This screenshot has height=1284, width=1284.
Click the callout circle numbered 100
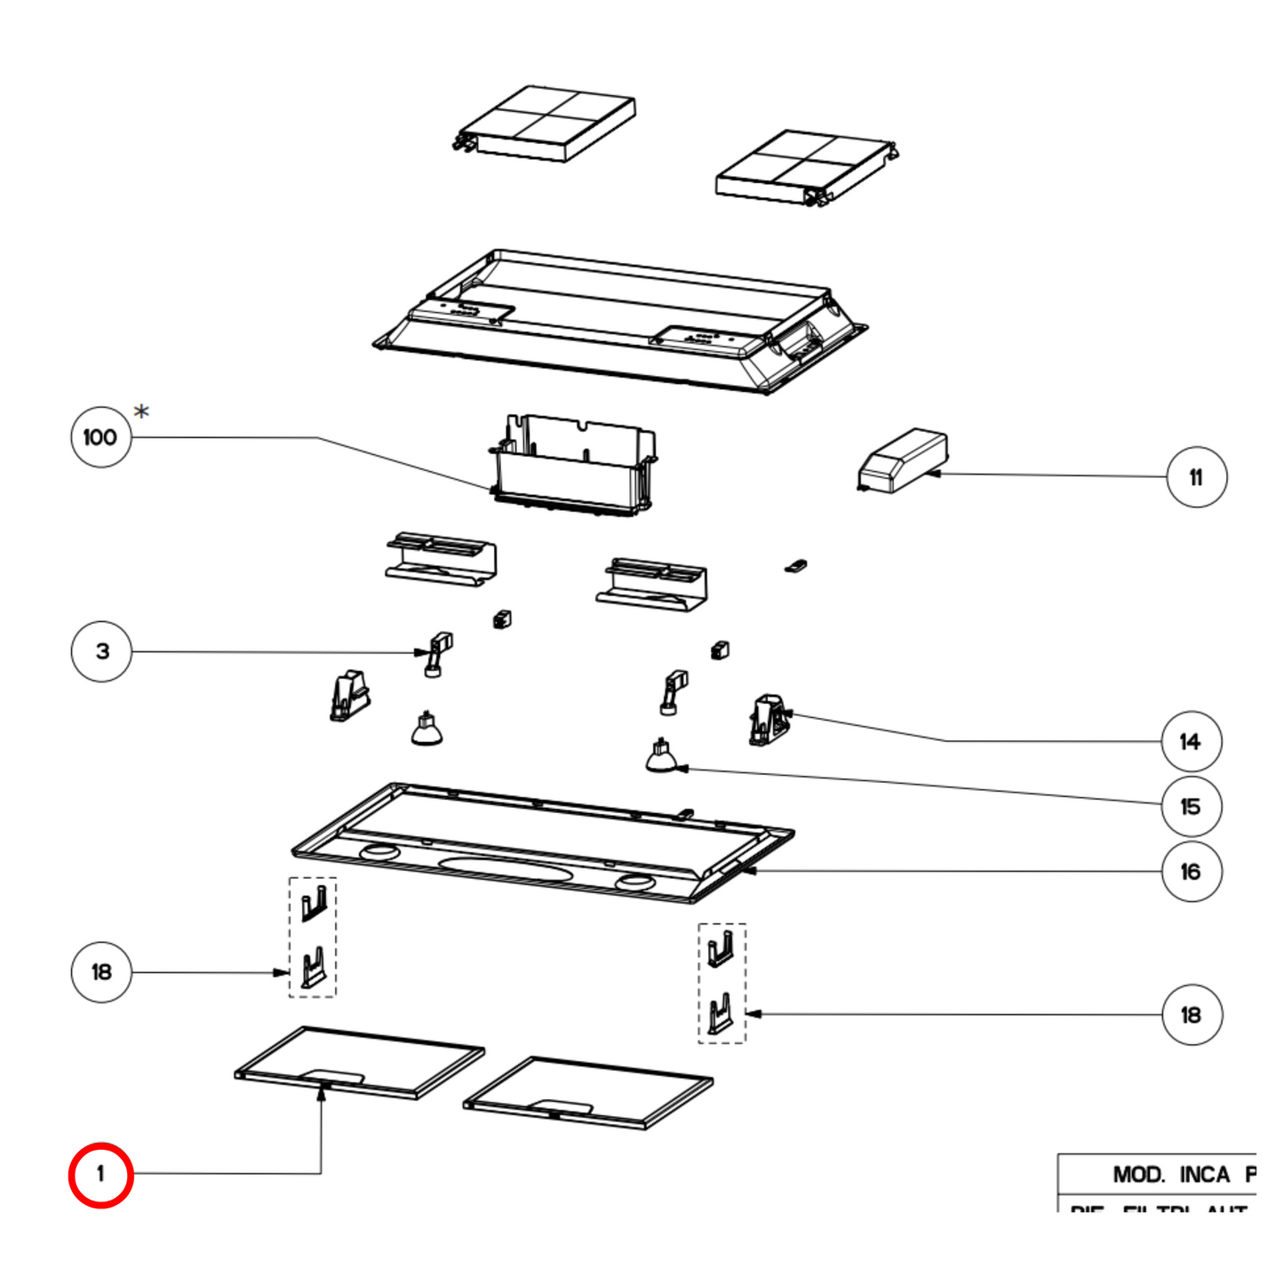point(100,437)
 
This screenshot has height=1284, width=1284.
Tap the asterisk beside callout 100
point(141,411)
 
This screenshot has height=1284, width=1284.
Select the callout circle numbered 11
point(1196,477)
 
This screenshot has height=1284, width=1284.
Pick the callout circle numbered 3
point(101,651)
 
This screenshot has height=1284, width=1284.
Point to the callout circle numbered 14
point(1191,741)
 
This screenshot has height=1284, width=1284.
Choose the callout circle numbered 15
point(1191,807)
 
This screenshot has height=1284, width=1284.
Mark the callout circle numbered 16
point(1191,872)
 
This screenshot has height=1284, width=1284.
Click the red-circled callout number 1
point(100,1175)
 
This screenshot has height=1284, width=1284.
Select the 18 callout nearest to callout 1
point(101,972)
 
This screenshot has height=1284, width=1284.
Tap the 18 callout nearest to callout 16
point(1191,1015)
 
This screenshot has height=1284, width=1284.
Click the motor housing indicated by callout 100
point(573,467)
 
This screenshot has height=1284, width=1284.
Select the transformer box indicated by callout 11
point(903,459)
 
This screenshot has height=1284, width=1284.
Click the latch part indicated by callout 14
point(769,720)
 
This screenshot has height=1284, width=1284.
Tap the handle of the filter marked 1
point(332,1077)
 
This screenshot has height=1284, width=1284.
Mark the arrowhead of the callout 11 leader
point(933,475)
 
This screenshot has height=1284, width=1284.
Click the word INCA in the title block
point(1204,1175)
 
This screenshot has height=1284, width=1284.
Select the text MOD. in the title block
point(1138,1175)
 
